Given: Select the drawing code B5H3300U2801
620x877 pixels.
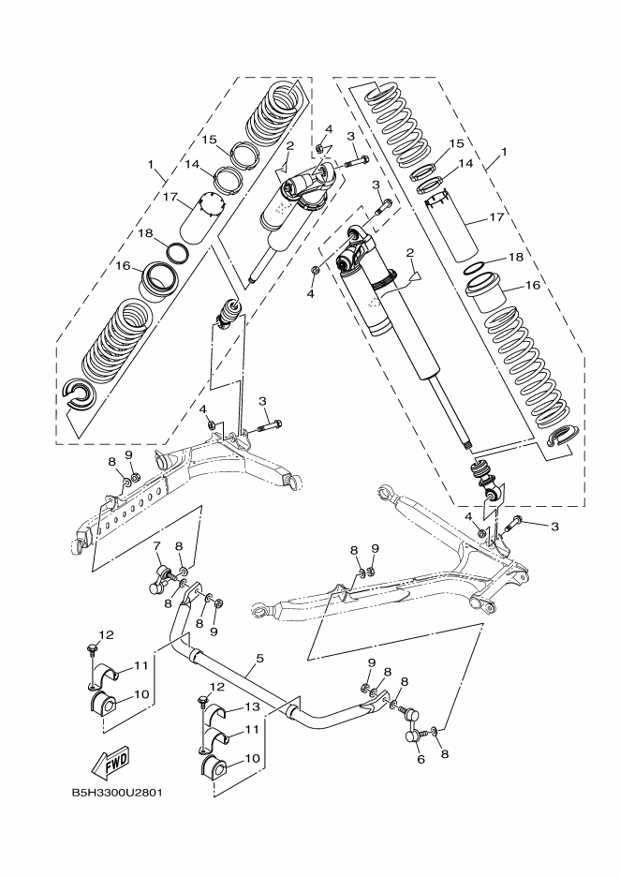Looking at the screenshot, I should tap(117, 793).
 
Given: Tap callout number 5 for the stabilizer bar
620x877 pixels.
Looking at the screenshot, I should tap(258, 659).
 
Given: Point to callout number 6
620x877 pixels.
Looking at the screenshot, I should tap(421, 760).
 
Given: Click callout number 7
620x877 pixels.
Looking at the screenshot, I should tap(156, 544).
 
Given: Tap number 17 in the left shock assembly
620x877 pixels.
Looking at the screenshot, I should tap(170, 197).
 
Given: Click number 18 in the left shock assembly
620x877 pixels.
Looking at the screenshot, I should tap(146, 233).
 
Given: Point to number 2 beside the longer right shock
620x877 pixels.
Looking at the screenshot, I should tap(408, 253).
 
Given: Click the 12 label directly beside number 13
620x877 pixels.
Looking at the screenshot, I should tap(217, 688).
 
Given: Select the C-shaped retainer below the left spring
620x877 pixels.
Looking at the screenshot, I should tap(79, 395).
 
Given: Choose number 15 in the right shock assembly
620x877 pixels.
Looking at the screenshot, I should tap(456, 143).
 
